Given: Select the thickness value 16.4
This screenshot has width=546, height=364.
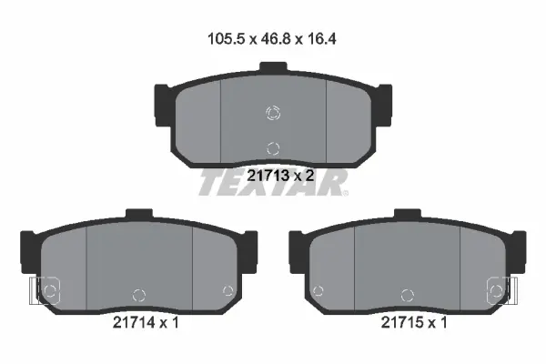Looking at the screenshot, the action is (x=321, y=38).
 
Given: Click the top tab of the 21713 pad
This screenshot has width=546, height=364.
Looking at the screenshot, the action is (x=273, y=66).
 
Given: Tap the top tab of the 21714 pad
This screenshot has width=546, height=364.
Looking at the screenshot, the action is (x=139, y=213).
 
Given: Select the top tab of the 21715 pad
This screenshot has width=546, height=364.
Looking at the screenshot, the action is (x=408, y=213).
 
